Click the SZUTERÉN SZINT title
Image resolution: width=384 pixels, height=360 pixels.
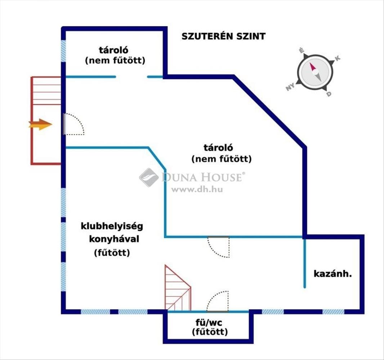pyautogui.click(x=223, y=36)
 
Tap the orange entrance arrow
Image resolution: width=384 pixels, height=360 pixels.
pyautogui.click(x=40, y=125)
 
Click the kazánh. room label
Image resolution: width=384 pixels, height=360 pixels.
pyautogui.click(x=332, y=274)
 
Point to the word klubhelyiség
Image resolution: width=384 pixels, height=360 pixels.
pyautogui.click(x=112, y=226)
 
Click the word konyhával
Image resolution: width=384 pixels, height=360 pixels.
pyautogui.click(x=114, y=239)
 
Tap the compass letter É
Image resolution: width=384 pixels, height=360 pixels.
pyautogui.click(x=302, y=50)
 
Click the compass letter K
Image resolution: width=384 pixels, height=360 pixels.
pyautogui.click(x=338, y=58)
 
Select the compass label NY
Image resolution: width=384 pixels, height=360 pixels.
pyautogui.click(x=290, y=87)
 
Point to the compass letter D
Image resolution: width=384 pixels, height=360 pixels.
pyautogui.click(x=329, y=94)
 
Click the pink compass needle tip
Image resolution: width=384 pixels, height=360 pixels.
pyautogui.click(x=311, y=63)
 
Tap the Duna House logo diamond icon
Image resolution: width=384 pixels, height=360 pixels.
pyautogui.click(x=149, y=177)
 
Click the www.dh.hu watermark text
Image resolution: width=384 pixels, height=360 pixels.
pyautogui.click(x=197, y=189)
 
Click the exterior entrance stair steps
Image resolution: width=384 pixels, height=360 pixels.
pyautogui.click(x=46, y=91)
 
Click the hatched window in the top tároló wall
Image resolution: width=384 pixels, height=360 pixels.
pyautogui.click(x=63, y=51)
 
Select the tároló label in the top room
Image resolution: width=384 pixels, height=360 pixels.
pyautogui.click(x=113, y=50)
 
